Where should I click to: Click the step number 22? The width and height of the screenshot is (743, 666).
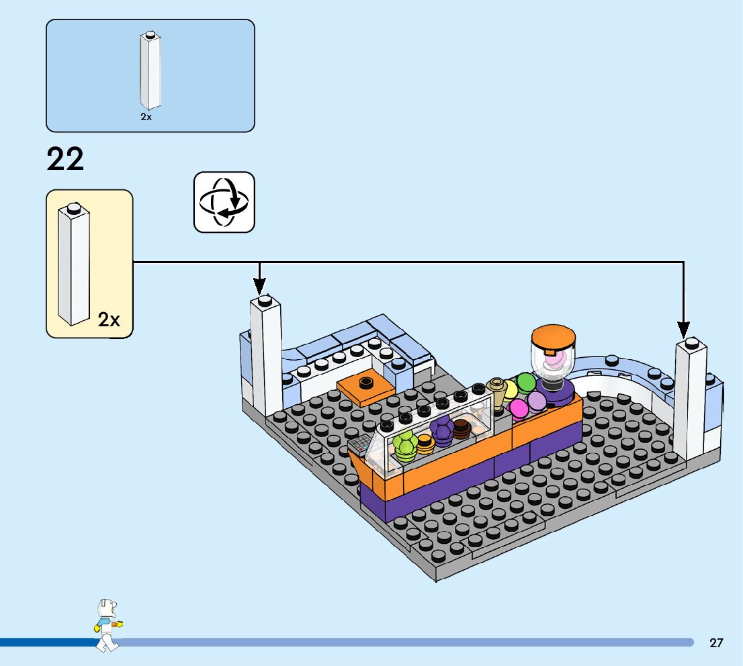65,159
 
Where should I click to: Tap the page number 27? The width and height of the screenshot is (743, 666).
716,643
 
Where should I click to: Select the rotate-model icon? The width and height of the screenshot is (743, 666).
224,202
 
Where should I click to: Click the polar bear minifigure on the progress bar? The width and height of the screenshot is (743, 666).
108,625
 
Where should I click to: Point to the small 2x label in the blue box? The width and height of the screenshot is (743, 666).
146,117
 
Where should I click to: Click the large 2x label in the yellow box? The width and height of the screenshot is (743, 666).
109,320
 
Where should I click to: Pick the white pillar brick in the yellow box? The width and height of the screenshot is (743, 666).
73,265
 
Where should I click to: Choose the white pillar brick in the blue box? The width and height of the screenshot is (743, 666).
150,70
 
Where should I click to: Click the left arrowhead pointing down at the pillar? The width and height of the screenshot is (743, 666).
259,287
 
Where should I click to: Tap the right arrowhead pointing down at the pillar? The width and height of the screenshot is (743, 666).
683,330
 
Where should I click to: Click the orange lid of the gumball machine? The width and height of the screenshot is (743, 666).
554,338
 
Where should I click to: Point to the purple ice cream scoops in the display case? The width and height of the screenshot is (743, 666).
442,430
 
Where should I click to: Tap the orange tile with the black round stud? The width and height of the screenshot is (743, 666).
366,387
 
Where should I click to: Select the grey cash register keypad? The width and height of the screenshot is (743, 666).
361,444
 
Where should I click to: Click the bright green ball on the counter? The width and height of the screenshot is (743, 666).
525,382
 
